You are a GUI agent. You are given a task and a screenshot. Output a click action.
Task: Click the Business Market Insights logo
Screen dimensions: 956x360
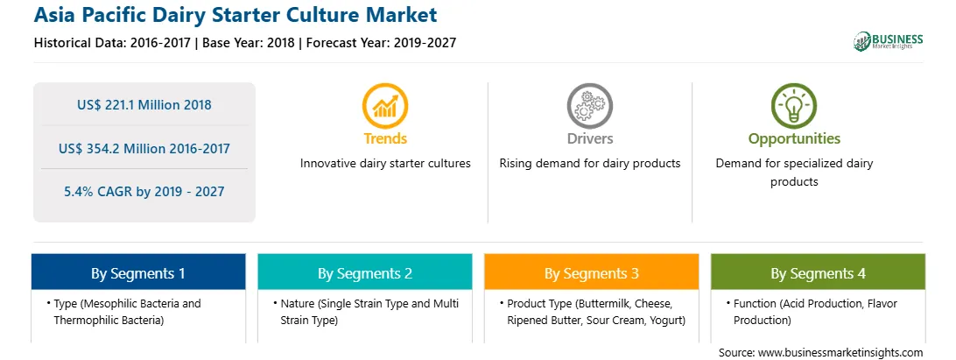click(888, 41)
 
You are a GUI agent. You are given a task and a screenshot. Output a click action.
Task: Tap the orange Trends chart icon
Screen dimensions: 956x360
click(384, 106)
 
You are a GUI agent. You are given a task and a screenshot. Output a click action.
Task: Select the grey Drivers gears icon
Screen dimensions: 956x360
click(589, 106)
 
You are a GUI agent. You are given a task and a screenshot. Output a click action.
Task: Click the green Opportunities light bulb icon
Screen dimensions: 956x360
click(794, 106)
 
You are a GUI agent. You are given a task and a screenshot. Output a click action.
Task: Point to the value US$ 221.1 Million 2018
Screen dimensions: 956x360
click(144, 105)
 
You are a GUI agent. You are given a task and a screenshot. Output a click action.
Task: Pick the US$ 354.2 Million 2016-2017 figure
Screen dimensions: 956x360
click(144, 148)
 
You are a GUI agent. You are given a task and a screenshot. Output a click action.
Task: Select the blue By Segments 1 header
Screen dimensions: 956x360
click(138, 272)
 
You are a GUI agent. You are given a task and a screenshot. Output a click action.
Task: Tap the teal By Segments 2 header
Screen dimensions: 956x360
click(364, 272)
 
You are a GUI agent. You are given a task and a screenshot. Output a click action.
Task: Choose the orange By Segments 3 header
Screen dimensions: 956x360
click(592, 272)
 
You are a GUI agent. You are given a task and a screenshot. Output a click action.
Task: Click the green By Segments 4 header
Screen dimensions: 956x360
click(819, 272)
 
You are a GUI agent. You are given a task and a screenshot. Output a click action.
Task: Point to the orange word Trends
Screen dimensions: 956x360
click(385, 138)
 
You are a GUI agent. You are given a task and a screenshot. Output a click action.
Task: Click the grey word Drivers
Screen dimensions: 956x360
click(590, 138)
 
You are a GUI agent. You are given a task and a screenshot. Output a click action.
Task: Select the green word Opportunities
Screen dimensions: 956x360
click(794, 139)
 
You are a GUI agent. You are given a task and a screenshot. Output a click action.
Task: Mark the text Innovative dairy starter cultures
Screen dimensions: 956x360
click(385, 164)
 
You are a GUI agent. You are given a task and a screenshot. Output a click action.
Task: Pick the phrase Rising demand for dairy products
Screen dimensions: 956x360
click(589, 164)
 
